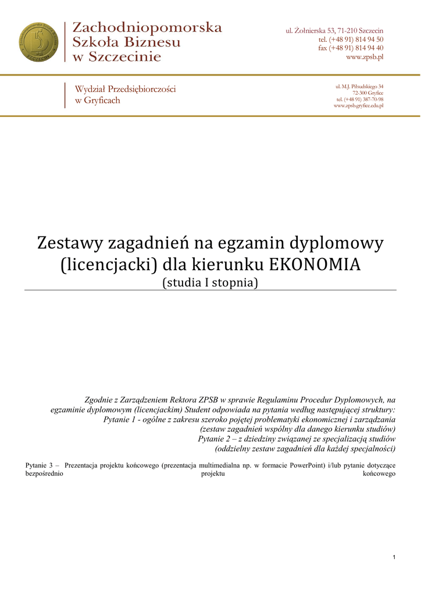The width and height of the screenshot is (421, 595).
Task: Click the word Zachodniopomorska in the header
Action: (x=147, y=27)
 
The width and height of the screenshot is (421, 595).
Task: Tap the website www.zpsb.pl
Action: (x=365, y=57)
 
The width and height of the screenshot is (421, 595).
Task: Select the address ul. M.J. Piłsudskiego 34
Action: (x=359, y=87)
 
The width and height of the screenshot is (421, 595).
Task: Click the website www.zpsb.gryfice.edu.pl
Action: (x=358, y=106)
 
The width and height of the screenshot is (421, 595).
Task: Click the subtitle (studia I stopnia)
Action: (x=210, y=283)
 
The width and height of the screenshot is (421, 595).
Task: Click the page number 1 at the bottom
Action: (x=394, y=558)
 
